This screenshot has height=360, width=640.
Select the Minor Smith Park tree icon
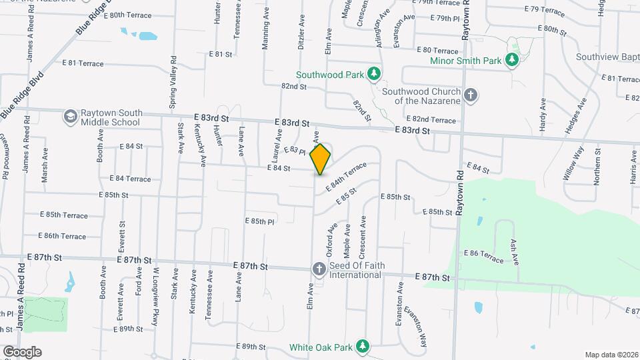click(512, 61)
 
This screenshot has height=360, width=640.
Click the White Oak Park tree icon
click(362, 347)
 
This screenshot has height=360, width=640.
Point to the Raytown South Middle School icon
click(69, 117)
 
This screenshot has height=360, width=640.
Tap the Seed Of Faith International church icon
click(319, 269)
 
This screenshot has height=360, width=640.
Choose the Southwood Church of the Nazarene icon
click(471, 95)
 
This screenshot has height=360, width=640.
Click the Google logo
click(22, 352)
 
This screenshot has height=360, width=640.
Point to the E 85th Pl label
click(260, 221)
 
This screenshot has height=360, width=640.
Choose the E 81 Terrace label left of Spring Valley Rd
click(83, 63)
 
